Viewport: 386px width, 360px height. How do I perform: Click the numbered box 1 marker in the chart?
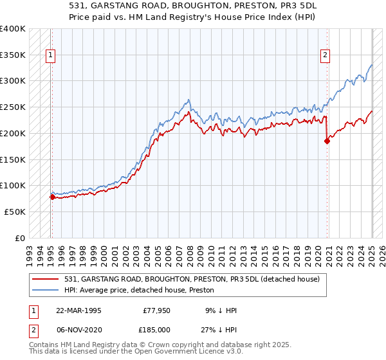51,55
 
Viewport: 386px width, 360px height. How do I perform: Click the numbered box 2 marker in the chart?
326,55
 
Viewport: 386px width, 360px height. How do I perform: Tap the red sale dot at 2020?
327,141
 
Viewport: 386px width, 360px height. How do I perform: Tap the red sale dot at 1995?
52,197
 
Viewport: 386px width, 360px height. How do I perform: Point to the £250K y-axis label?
14,107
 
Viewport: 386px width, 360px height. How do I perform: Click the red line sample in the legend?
46,278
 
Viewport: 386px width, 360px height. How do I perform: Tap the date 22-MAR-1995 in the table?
78,310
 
